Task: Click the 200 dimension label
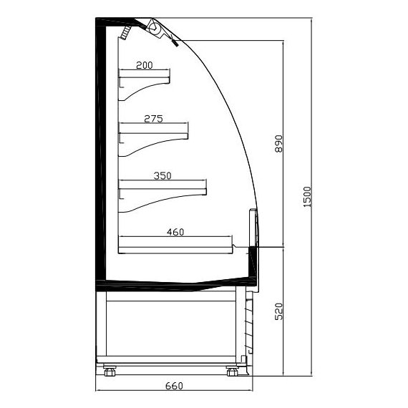point(145,65)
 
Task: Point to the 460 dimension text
point(175,231)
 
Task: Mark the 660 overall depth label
point(175,387)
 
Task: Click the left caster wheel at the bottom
point(111,372)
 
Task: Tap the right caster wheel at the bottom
point(233,372)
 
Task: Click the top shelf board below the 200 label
point(145,73)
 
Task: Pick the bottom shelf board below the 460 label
point(175,247)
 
